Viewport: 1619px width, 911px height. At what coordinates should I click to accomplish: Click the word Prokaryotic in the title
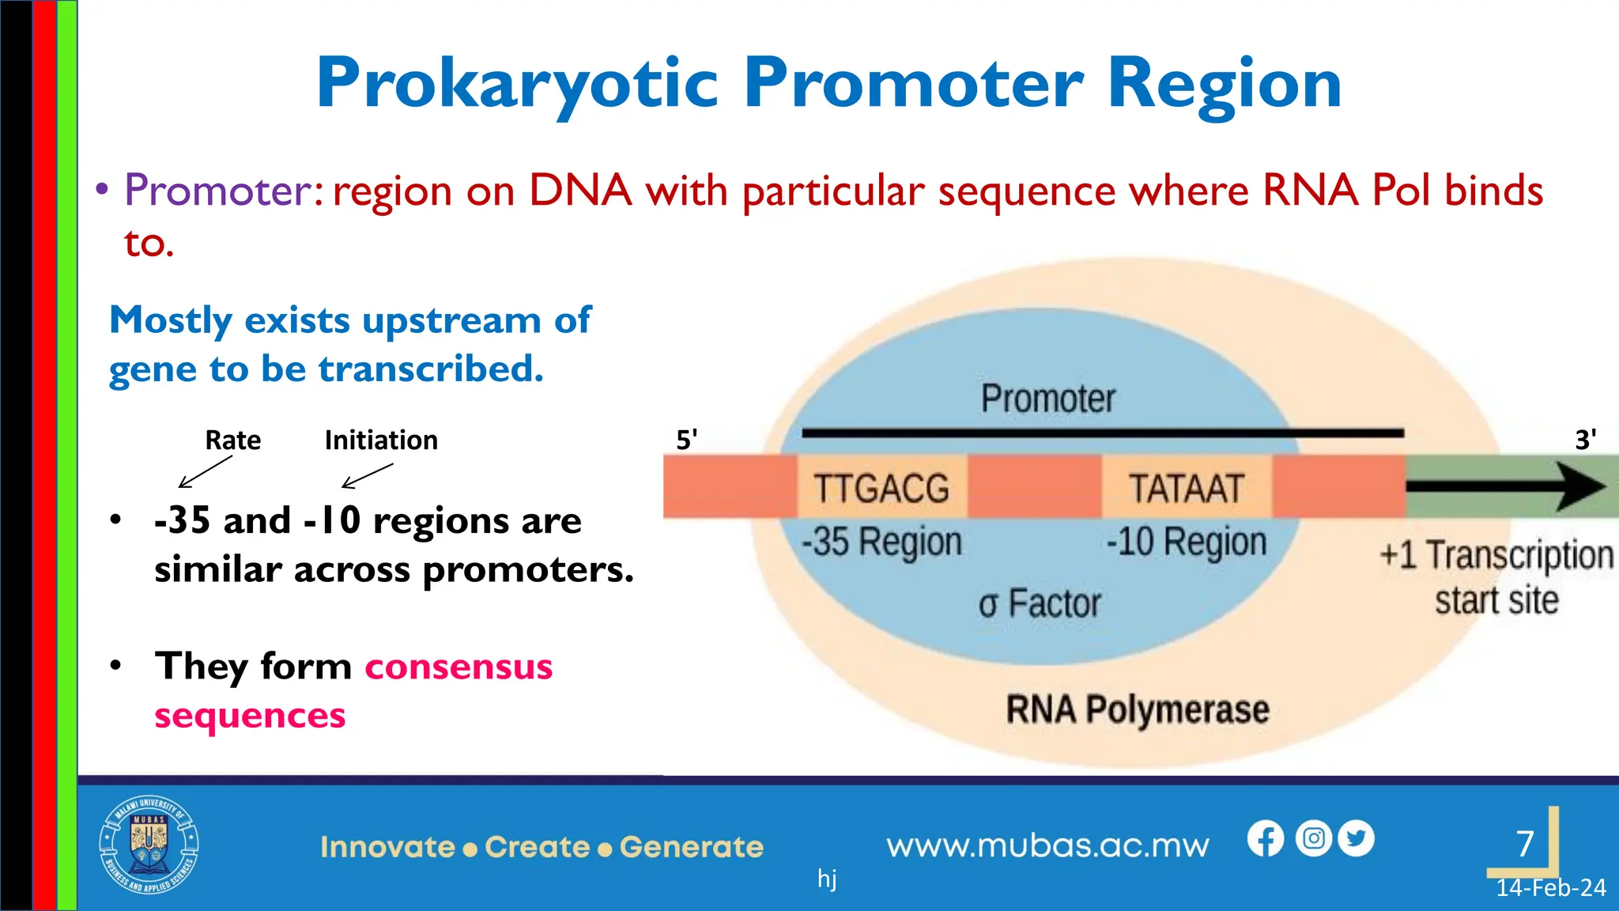pos(518,84)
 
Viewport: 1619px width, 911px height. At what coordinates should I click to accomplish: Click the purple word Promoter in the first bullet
pos(219,191)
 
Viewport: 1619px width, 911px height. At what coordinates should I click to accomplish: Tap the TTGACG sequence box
pos(881,488)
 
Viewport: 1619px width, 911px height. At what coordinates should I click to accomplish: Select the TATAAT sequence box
pos(1186,488)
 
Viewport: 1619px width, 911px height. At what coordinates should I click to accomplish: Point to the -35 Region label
pos(881,542)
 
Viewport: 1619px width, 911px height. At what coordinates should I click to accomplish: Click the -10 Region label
pos(1186,542)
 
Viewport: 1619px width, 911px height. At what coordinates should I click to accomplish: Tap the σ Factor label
pos(1040,604)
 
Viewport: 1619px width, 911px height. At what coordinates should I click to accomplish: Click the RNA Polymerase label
pos(1137,709)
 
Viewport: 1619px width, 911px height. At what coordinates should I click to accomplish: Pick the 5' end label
pos(686,440)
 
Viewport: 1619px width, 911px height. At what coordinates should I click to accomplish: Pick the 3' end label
pos(1585,440)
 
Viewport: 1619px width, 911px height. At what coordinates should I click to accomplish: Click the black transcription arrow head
pos(1581,487)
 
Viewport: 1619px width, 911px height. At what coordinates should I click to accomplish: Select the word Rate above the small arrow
pos(232,440)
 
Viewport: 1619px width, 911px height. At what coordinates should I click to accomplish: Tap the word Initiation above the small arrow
pos(381,440)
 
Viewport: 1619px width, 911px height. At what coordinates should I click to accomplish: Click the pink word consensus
pos(459,667)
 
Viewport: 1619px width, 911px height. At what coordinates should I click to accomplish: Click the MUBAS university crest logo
pos(149,845)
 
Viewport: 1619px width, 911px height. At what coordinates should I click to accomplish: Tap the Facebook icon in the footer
pos(1266,838)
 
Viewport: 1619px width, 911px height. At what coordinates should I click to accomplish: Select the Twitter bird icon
pos(1357,838)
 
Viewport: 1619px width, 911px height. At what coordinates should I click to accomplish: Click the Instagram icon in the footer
pos(1313,838)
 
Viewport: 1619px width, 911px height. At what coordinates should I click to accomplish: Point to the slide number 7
pos(1525,844)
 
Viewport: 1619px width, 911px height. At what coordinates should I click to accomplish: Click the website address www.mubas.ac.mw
pos(1047,846)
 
